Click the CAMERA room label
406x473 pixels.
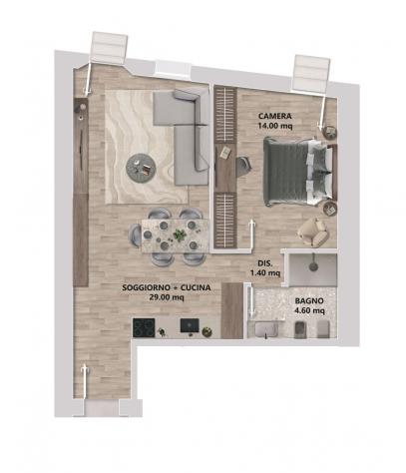click(x=275, y=116)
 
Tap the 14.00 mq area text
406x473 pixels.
click(x=275, y=126)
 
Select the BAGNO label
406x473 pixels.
click(x=309, y=300)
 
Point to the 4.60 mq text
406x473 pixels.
click(x=309, y=310)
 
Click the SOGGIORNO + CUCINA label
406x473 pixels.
click(x=167, y=287)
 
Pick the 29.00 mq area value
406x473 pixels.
click(x=167, y=297)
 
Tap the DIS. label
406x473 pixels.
click(x=265, y=263)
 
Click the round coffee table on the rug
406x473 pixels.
click(x=141, y=168)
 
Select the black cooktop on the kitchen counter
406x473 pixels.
click(x=144, y=327)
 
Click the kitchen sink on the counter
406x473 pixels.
click(x=190, y=326)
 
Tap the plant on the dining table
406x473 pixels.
click(x=180, y=235)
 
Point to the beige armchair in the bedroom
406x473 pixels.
click(x=313, y=232)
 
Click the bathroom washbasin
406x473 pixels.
click(x=266, y=329)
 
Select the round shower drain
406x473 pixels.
click(x=313, y=266)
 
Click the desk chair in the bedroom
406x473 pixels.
click(x=243, y=167)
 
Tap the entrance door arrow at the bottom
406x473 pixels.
click(x=85, y=381)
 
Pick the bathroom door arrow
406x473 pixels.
click(x=251, y=302)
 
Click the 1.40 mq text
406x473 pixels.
click(x=265, y=273)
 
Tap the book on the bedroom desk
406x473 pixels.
click(x=225, y=152)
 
